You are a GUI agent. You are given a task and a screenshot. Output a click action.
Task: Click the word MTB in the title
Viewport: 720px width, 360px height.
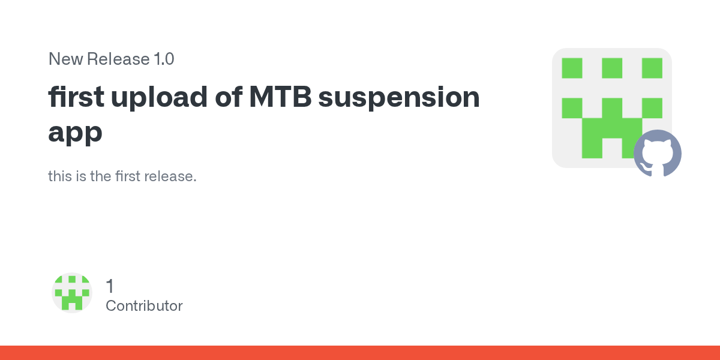click(280, 97)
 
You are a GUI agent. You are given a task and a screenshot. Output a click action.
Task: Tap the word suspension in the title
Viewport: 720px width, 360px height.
click(399, 98)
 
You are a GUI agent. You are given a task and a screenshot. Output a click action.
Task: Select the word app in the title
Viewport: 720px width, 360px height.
click(75, 133)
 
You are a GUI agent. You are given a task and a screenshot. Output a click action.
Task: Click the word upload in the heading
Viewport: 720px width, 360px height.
click(159, 98)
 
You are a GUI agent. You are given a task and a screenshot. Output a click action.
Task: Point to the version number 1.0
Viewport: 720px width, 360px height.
click(164, 59)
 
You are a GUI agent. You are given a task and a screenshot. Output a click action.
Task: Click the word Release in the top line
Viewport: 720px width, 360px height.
click(118, 59)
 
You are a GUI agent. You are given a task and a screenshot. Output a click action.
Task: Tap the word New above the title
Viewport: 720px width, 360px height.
click(66, 59)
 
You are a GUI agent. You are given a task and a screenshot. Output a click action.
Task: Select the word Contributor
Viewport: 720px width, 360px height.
click(144, 305)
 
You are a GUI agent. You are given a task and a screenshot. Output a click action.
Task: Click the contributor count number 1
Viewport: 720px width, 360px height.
click(110, 286)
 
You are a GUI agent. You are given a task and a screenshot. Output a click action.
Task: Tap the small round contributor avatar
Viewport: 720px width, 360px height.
click(72, 293)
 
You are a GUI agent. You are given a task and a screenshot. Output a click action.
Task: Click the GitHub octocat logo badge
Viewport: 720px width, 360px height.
click(658, 154)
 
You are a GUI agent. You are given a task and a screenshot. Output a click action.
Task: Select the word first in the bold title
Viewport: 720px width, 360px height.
click(76, 97)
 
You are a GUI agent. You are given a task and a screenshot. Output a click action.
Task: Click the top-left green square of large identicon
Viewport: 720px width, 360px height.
click(572, 68)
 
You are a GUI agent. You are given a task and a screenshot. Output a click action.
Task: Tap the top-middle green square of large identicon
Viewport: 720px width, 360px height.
click(612, 68)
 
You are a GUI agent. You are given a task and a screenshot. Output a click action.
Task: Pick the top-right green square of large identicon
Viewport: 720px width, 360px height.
click(652, 68)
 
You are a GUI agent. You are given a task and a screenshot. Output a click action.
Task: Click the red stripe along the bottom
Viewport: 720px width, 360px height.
click(360, 353)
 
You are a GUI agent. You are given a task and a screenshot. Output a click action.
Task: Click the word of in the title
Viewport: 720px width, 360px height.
click(229, 97)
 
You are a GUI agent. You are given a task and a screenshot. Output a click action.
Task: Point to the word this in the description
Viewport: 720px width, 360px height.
click(60, 176)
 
